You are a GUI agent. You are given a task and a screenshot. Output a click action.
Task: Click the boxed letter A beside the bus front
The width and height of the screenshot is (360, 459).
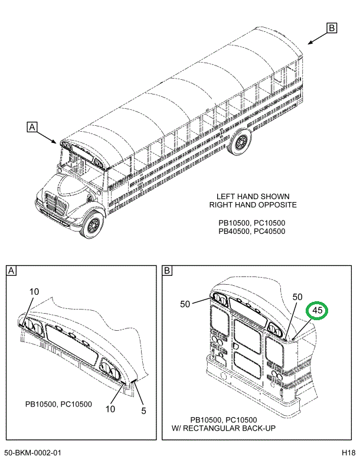[x=32, y=126]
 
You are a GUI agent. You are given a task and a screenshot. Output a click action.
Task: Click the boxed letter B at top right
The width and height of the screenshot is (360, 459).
[x=332, y=28]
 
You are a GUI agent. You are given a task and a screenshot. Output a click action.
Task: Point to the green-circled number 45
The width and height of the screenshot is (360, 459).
[x=317, y=310]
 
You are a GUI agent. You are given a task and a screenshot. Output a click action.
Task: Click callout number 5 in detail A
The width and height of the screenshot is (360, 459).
[x=143, y=411]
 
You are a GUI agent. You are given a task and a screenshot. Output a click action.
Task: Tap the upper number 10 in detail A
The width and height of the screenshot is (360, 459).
[x=34, y=292]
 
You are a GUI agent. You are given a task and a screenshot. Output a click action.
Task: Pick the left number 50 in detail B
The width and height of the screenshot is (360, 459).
[x=185, y=304]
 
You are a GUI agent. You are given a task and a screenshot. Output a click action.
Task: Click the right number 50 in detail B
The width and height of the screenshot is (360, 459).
[x=297, y=297]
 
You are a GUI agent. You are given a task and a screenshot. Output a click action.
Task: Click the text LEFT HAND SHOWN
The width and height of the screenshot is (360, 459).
[x=253, y=196]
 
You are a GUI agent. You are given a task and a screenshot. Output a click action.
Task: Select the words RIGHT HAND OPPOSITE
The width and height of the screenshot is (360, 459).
[x=253, y=205]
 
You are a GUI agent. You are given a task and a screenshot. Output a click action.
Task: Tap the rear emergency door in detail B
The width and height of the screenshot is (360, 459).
[x=248, y=349]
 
